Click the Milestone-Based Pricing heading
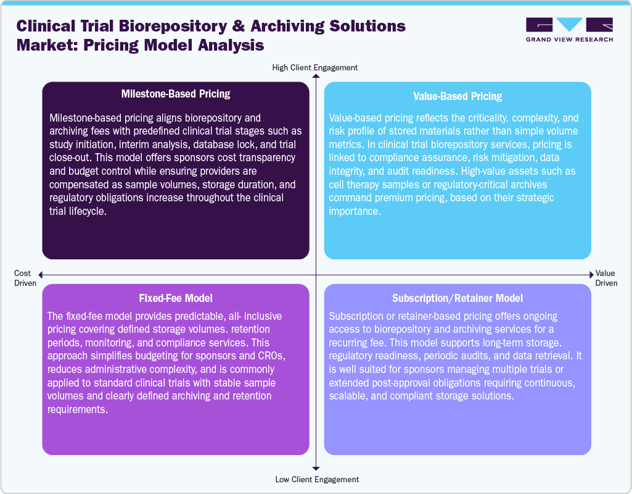point(175,94)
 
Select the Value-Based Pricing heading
point(458,96)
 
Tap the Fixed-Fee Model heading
point(175,298)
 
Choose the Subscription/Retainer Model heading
point(458,298)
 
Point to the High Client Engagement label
point(315,67)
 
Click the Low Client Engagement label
point(315,479)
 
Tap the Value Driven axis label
point(606,278)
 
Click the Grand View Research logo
point(569,30)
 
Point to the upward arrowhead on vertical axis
point(316,77)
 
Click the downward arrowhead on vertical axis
point(316,469)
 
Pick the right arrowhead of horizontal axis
point(590,274)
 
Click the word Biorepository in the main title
point(193,27)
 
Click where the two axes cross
point(316,274)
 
